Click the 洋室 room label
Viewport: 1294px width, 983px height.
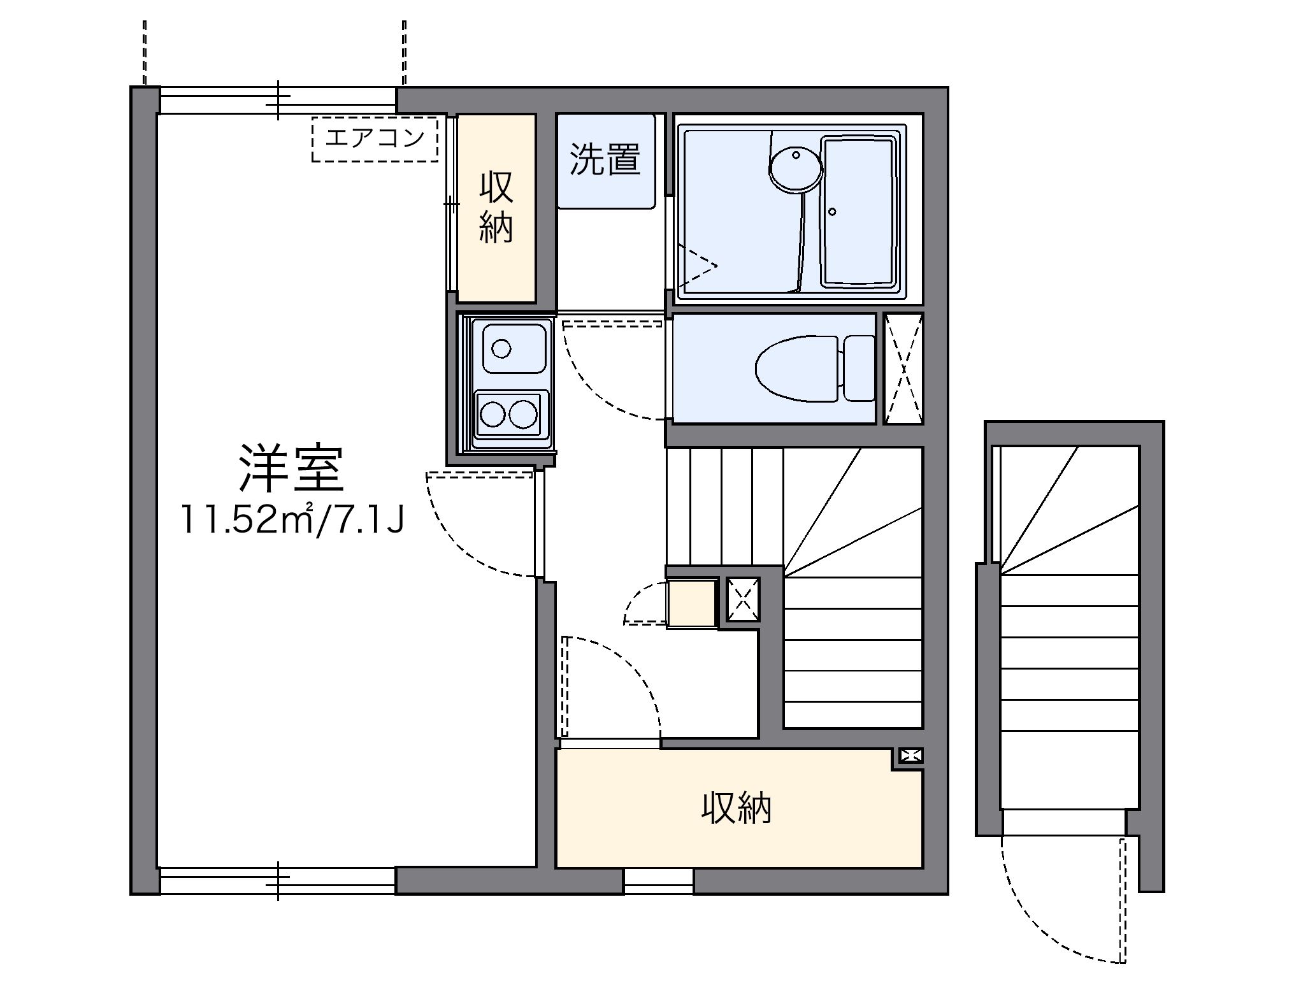[x=291, y=468]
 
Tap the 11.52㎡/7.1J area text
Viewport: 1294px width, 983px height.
[x=292, y=520]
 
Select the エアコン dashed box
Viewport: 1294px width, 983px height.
[x=375, y=138]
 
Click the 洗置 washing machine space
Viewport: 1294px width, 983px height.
[x=605, y=160]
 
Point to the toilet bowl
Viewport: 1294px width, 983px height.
[x=796, y=368]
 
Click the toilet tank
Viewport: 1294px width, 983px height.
[x=858, y=368]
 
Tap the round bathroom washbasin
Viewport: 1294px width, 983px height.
[x=796, y=168]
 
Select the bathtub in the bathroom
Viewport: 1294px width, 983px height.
[x=860, y=211]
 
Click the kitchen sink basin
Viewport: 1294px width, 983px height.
[x=515, y=348]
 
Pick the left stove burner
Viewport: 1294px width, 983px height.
[x=492, y=415]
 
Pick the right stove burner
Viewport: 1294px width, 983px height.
[x=522, y=415]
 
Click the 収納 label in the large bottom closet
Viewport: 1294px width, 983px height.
[x=737, y=808]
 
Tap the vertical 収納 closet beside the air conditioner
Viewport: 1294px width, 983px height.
[x=496, y=208]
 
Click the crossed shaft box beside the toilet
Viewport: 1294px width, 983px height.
[x=904, y=368]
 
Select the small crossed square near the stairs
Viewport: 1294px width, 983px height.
[x=743, y=599]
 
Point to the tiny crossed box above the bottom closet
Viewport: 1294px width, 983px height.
[x=910, y=756]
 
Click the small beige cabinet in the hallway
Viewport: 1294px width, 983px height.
[x=691, y=603]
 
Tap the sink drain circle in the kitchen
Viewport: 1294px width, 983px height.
[x=502, y=348]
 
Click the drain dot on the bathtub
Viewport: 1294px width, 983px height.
[x=832, y=212]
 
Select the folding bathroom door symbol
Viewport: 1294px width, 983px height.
[x=696, y=266]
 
